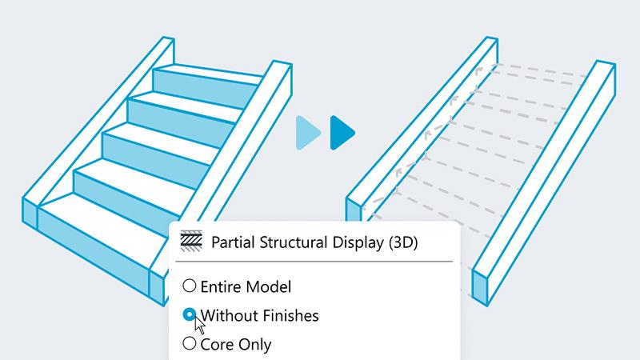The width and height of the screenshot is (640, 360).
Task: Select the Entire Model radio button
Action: [x=190, y=286]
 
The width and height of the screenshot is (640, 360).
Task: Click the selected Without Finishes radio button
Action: [x=190, y=314]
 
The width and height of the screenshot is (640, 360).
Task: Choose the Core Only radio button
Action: [x=190, y=343]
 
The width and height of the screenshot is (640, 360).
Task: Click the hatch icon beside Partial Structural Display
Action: [x=191, y=241]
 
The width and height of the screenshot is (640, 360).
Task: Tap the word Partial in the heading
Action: [x=233, y=242]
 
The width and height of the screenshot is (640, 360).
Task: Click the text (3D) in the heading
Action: [x=403, y=242]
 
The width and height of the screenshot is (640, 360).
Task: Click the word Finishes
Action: [x=290, y=315]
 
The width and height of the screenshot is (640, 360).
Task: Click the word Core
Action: [x=217, y=345]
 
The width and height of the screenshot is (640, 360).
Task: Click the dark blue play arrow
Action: [x=342, y=133]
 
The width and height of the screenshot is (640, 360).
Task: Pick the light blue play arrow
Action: [x=308, y=133]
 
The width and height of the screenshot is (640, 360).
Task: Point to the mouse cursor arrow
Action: [x=199, y=325]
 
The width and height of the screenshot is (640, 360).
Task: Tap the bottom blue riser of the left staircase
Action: [x=94, y=247]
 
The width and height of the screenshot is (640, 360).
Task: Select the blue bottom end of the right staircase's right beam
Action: [x=480, y=287]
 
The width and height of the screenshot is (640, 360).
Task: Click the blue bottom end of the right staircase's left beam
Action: [x=354, y=210]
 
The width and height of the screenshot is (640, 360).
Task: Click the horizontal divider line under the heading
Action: [x=314, y=262]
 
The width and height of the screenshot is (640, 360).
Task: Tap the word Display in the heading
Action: [x=358, y=242]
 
